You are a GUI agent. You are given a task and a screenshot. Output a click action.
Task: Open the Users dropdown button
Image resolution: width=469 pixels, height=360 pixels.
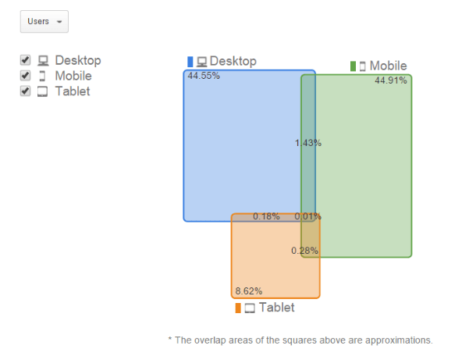point(44,22)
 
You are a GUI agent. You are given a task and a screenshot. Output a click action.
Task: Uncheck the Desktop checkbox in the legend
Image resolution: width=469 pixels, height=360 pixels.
point(26,60)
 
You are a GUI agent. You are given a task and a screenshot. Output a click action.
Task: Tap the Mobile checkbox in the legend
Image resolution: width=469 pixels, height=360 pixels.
point(26,76)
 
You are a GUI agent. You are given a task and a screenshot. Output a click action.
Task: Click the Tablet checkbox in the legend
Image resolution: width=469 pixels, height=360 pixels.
point(26,91)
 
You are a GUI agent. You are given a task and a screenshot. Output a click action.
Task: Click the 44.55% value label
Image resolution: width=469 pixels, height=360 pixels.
point(204,76)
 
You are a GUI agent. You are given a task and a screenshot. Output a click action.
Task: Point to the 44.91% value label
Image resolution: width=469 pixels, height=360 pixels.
point(391,80)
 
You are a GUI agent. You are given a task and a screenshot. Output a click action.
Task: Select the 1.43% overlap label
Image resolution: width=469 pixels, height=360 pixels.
point(308,143)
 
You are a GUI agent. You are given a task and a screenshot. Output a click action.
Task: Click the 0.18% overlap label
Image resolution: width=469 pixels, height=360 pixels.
point(266,216)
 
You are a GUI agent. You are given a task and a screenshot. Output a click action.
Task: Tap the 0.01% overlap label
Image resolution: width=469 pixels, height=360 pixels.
point(307,216)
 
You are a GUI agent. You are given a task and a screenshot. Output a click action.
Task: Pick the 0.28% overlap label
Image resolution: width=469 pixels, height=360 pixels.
point(304,251)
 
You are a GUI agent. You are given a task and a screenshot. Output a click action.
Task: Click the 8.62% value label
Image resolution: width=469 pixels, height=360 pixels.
point(249,290)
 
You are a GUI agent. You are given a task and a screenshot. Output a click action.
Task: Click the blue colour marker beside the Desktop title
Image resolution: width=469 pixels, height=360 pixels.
point(190,62)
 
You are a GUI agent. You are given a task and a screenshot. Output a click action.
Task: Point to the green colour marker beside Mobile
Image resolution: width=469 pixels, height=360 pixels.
point(353,66)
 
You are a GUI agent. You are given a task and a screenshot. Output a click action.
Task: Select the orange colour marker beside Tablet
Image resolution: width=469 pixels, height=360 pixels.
point(238,308)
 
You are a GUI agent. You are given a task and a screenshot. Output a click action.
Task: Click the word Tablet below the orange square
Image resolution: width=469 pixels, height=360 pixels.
point(277,308)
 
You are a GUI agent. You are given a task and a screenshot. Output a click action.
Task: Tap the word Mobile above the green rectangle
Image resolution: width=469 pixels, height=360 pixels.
point(389,66)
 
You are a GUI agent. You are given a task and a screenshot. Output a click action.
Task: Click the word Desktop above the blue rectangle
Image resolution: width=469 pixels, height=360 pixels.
point(233,62)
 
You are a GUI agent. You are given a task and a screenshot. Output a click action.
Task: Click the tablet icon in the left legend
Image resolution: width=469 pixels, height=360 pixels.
point(42,91)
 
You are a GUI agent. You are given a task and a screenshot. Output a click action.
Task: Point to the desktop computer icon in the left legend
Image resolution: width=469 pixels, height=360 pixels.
point(43,60)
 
